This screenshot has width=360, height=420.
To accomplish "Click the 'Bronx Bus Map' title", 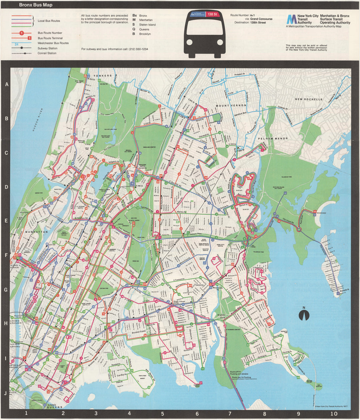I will point(35,5).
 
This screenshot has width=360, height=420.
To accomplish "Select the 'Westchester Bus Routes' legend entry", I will point(53,43).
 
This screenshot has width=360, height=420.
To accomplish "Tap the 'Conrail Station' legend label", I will point(47,53).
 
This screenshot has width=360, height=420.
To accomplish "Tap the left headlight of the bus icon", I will point(190,43).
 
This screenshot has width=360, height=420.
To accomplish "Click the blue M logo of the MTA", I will point(291,19).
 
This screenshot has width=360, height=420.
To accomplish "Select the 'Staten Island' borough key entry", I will point(147,25).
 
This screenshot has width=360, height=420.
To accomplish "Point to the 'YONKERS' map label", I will point(103,76).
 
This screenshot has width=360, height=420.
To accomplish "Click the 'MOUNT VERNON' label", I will point(231,105).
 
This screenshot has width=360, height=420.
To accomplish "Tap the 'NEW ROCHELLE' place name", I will point(309,99).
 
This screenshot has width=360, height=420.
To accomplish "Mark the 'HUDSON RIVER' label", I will point(38,121).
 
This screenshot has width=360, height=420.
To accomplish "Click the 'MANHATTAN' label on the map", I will point(36,232).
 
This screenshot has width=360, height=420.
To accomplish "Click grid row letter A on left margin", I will point(6,84).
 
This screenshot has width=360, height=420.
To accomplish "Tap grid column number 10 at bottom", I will point(334,414).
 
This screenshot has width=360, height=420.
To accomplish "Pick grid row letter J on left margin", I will point(5,394).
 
